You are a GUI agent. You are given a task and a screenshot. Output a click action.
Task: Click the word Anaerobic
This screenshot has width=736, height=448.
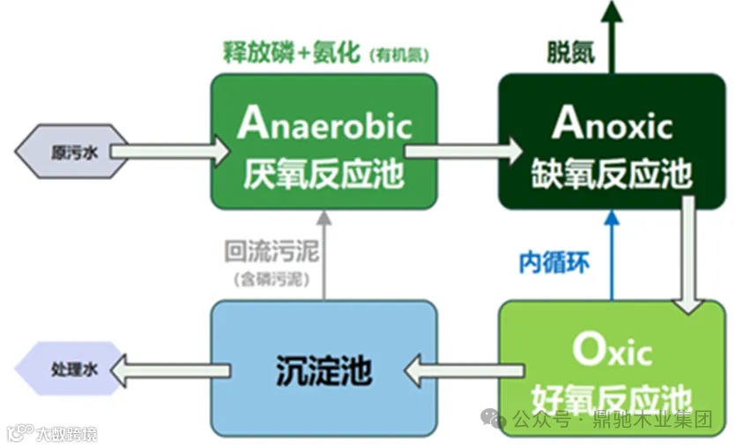[x=323, y=124]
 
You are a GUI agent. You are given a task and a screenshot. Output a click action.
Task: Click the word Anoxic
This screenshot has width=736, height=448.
[x=612, y=124]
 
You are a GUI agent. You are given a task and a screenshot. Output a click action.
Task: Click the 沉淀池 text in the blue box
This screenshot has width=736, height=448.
[x=323, y=369]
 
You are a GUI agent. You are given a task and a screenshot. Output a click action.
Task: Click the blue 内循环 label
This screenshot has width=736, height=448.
[x=554, y=262]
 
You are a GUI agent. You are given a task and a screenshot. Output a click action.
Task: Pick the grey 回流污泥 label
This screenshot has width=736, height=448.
[x=271, y=250]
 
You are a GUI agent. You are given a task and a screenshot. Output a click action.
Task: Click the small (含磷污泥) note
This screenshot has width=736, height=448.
[x=271, y=280]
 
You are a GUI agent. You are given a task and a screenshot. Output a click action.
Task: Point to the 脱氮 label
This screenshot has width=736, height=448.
[x=569, y=52]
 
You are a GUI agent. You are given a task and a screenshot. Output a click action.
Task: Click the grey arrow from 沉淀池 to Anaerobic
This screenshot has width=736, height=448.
[x=323, y=256]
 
